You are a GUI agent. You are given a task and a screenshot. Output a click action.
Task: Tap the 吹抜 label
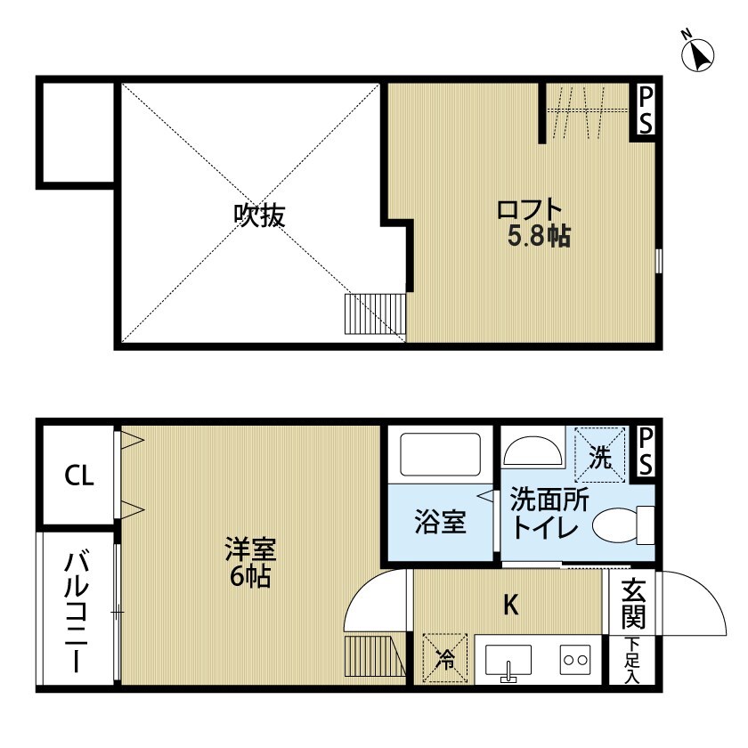[259, 215]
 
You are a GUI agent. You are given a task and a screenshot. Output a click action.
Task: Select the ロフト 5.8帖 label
[533, 223]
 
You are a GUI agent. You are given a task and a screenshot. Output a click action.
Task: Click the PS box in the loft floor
[645, 110]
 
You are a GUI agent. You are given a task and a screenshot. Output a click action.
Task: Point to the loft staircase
[375, 313]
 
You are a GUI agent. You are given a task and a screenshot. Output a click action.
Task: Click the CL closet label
[79, 476]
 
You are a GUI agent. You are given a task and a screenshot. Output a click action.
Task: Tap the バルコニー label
[77, 612]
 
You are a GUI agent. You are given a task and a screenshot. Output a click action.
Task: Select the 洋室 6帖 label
[250, 563]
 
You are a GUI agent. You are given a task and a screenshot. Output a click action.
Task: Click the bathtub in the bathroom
[440, 453]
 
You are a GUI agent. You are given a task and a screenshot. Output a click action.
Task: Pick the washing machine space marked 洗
[599, 455]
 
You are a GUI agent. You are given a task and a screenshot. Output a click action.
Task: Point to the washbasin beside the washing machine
[533, 451]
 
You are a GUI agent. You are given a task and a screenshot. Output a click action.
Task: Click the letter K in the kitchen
[511, 606]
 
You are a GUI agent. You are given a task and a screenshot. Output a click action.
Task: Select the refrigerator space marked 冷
[445, 658]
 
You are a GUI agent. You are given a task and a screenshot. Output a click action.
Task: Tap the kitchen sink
[508, 662]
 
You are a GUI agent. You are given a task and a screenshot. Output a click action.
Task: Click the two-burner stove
[575, 660]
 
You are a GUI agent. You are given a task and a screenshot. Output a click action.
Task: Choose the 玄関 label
[632, 604]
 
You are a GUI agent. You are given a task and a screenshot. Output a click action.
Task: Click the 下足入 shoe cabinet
[632, 660]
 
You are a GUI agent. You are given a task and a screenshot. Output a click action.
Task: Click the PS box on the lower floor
[645, 451]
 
